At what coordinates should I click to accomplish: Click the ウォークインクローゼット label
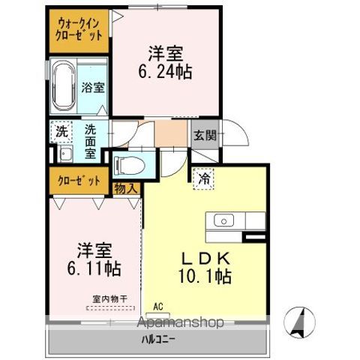79,29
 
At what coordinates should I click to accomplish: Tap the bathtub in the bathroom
64,86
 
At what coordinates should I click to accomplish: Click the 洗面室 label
90,140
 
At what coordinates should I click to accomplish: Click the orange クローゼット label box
79,180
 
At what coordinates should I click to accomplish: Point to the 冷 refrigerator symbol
204,178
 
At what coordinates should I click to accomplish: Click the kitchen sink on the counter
224,220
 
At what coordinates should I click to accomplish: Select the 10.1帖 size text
205,276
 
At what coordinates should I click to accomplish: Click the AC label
158,307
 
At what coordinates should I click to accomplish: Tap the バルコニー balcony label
158,340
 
